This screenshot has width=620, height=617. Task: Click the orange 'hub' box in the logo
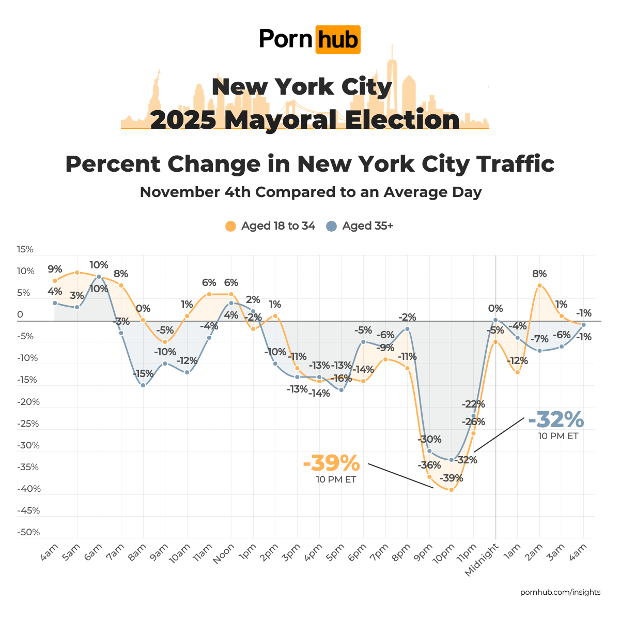(337, 39)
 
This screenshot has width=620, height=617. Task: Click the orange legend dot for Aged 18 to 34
(231, 226)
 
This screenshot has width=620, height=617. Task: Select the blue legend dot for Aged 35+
(332, 226)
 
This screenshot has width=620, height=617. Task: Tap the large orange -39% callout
(331, 462)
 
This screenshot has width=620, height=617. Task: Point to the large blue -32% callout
(556, 419)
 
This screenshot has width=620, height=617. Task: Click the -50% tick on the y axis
(29, 532)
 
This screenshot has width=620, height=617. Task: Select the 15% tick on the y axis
(25, 249)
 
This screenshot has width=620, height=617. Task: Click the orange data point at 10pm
(452, 489)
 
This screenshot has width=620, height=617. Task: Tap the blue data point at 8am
(143, 385)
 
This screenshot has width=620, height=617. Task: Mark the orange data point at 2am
(539, 285)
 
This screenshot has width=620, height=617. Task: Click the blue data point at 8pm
(407, 329)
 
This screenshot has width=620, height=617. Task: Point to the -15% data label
(143, 373)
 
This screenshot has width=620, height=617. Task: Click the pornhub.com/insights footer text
(560, 592)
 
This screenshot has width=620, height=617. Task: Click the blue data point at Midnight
(495, 321)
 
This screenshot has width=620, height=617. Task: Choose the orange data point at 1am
(518, 372)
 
